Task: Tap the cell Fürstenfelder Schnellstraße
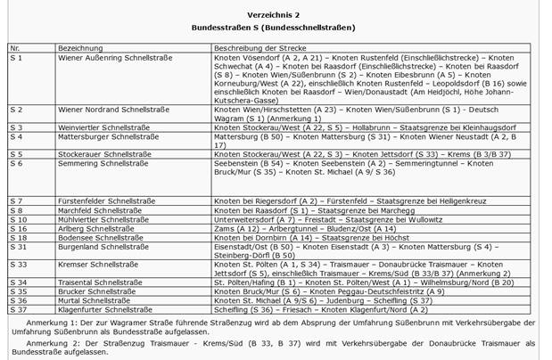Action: [101, 200]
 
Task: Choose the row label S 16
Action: [18, 228]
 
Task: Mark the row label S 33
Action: [18, 265]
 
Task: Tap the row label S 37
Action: [18, 309]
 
